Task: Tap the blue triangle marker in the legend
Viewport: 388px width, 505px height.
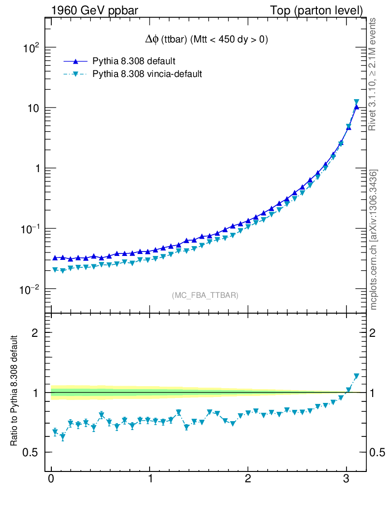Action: pos(76,61)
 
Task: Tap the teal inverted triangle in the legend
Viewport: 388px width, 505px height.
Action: pos(76,74)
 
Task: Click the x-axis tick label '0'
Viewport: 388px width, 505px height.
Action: pos(51,480)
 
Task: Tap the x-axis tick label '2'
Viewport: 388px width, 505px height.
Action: pos(248,480)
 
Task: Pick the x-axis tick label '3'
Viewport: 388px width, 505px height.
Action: pos(346,480)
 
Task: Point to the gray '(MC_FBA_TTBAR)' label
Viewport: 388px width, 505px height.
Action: pos(205,295)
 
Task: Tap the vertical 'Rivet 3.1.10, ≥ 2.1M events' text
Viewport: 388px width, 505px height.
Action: pos(373,74)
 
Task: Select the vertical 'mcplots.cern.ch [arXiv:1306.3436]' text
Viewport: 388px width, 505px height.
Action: pos(374,240)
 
